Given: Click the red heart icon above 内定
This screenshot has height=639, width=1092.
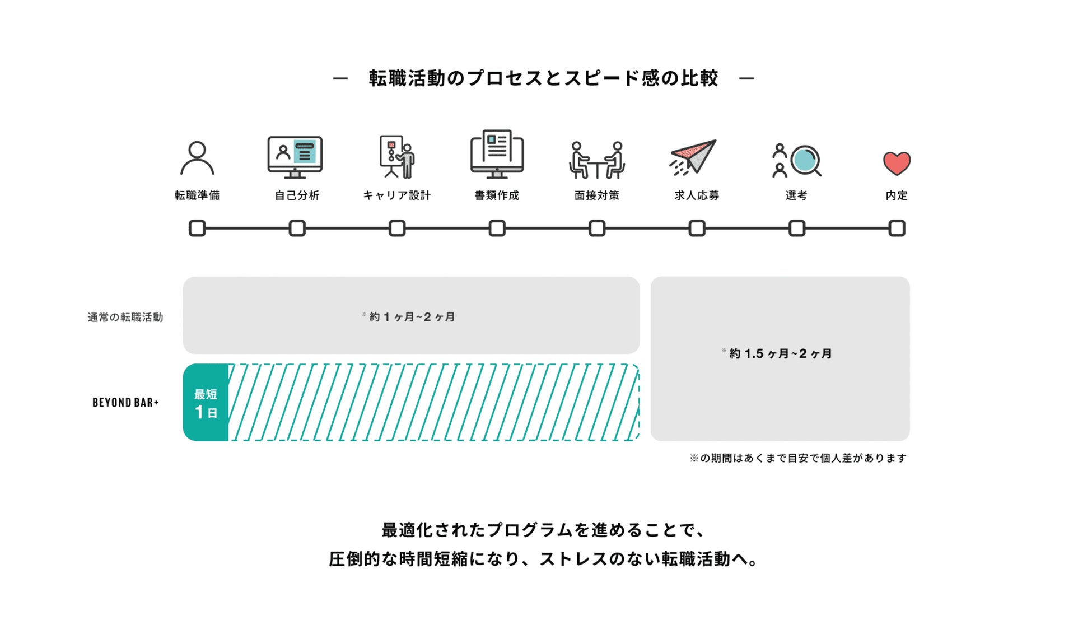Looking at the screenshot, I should pyautogui.click(x=897, y=164).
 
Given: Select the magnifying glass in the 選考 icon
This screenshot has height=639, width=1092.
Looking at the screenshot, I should pyautogui.click(x=805, y=160).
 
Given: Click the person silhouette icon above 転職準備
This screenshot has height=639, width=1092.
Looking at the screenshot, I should pyautogui.click(x=197, y=158).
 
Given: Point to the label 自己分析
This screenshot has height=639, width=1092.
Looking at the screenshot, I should pyautogui.click(x=297, y=195).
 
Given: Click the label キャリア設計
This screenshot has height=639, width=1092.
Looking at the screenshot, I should pyautogui.click(x=397, y=195).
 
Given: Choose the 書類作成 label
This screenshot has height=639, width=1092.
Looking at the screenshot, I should pyautogui.click(x=497, y=195).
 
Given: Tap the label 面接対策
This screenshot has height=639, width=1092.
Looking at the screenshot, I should pyautogui.click(x=597, y=195).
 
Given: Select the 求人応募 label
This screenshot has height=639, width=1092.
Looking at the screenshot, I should pyautogui.click(x=697, y=195).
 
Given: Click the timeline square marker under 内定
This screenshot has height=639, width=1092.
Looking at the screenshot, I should pyautogui.click(x=897, y=228).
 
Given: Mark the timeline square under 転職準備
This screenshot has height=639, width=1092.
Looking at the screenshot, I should pyautogui.click(x=197, y=228).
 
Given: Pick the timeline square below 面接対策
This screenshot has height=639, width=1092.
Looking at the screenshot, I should pyautogui.click(x=597, y=228).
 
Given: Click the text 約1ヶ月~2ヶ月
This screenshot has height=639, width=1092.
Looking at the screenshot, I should pyautogui.click(x=412, y=317).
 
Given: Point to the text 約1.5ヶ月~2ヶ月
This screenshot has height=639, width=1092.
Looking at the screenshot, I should pyautogui.click(x=780, y=353).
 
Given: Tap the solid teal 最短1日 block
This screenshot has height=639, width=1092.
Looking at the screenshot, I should pyautogui.click(x=206, y=403).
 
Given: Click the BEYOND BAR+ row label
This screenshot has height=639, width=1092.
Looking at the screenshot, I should pyautogui.click(x=125, y=403).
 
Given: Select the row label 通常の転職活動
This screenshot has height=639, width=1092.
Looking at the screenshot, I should pyautogui.click(x=125, y=318).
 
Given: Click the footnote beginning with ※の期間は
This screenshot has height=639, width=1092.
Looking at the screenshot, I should pyautogui.click(x=798, y=458).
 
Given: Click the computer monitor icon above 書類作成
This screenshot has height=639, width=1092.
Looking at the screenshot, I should pyautogui.click(x=497, y=155).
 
